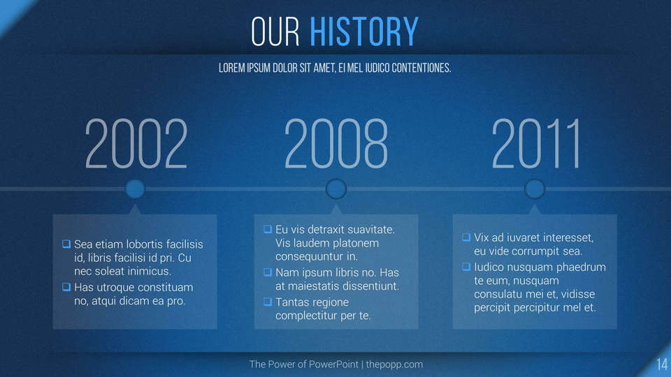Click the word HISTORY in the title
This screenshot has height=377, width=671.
click(363, 31)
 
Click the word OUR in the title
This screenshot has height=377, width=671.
click(275, 31)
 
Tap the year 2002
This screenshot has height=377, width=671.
click(136, 144)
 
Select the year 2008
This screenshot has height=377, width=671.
click(336, 144)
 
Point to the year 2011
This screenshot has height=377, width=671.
click(536, 144)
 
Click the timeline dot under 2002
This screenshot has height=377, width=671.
click(135, 189)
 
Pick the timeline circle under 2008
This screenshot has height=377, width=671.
click(336, 189)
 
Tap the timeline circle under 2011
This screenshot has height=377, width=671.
click(535, 189)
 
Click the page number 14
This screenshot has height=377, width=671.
click(662, 364)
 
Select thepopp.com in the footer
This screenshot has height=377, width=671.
click(394, 364)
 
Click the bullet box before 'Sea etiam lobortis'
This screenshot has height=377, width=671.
click(66, 244)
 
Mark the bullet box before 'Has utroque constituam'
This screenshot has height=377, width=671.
click(66, 287)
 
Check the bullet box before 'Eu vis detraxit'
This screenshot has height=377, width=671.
click(268, 230)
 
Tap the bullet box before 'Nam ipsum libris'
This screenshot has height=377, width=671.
click(268, 272)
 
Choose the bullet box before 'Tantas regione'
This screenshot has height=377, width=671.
click(268, 302)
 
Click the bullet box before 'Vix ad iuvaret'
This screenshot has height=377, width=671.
click(466, 237)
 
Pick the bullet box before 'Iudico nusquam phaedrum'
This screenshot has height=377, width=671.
click(466, 267)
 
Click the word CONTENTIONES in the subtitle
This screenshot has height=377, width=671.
click(421, 68)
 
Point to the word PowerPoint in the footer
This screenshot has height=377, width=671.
click(333, 364)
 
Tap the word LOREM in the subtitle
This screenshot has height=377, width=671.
click(232, 68)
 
